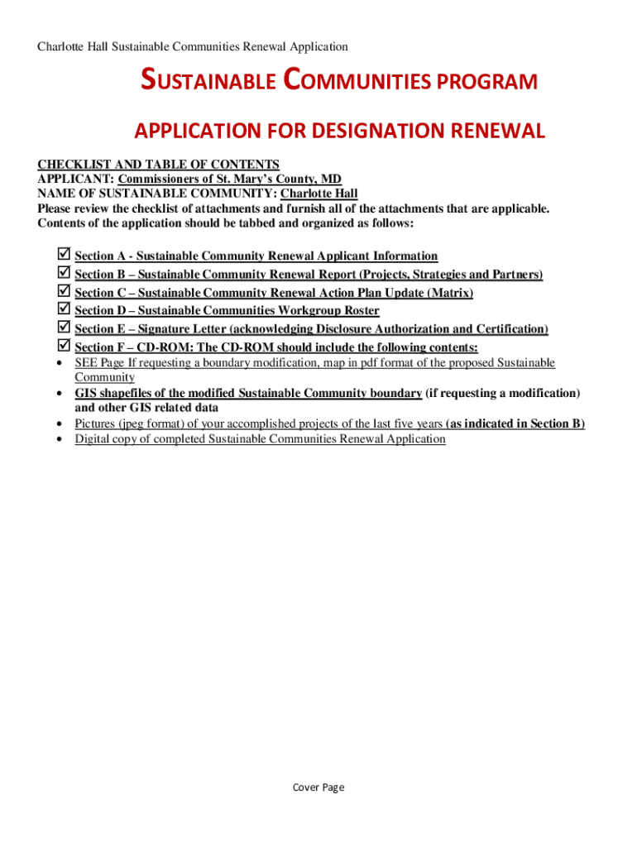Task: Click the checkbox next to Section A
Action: pyautogui.click(x=63, y=255)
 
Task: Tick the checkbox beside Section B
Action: pyautogui.click(x=63, y=273)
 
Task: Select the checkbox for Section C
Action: pyautogui.click(x=63, y=291)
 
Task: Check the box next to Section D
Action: pyautogui.click(x=63, y=309)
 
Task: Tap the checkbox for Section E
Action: pyautogui.click(x=63, y=328)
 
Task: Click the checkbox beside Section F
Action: pyautogui.click(x=63, y=346)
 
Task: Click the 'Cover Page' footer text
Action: pyautogui.click(x=318, y=787)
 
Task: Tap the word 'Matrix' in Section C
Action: pyautogui.click(x=449, y=293)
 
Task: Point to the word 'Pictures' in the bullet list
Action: pyautogui.click(x=96, y=423)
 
